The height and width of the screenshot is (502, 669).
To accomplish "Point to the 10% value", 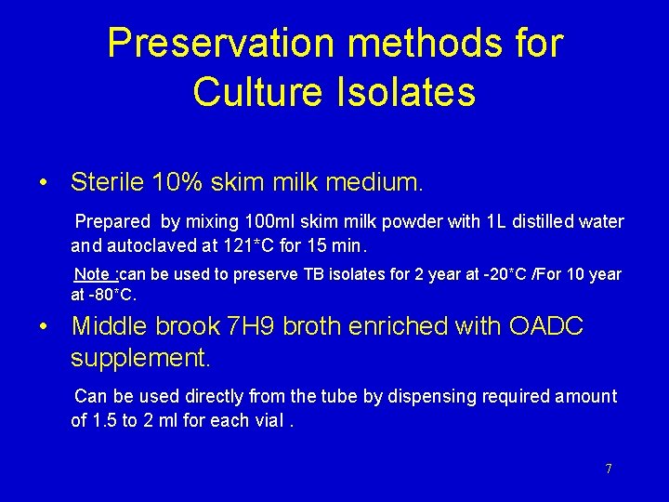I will pyautogui.click(x=182, y=181).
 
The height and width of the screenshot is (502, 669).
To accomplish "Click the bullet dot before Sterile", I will pyautogui.click(x=44, y=182).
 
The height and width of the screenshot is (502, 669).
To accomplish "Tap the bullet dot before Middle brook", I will pyautogui.click(x=44, y=327).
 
